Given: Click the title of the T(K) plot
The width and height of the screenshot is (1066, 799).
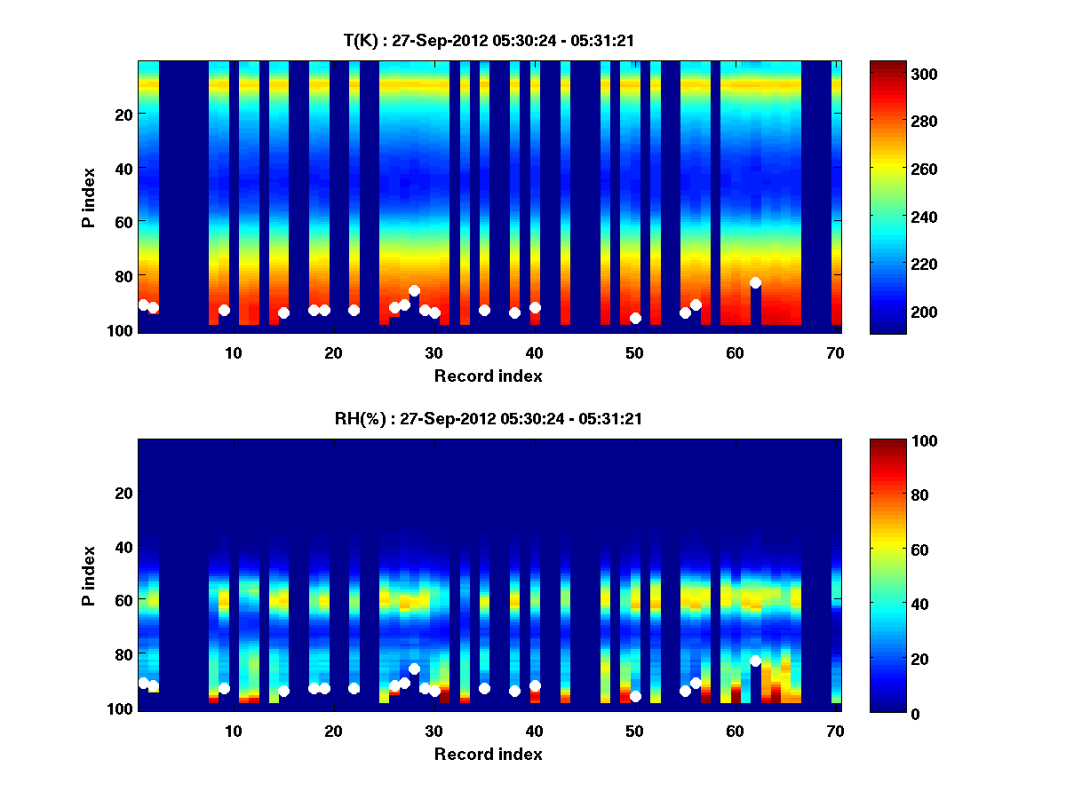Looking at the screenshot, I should tap(489, 40).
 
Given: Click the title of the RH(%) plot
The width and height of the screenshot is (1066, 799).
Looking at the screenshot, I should tap(489, 418).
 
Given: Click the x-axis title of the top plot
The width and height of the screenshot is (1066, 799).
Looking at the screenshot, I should tap(489, 376).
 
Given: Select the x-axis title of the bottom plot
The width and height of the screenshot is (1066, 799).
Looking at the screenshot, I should tap(489, 754).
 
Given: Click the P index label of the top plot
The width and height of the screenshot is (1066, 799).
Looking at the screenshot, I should tap(89, 197).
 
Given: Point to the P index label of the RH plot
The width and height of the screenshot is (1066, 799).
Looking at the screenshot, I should tap(89, 575).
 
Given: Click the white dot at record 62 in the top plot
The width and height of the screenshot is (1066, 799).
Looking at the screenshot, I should tap(755, 282).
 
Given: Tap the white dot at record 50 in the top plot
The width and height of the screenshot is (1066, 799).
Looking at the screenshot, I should tap(635, 318).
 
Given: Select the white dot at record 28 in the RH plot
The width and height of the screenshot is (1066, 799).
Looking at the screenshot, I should tap(414, 668).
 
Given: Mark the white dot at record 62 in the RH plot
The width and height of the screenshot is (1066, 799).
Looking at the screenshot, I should tap(755, 661).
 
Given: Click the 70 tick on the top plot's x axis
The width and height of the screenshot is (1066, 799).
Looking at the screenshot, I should tap(835, 352).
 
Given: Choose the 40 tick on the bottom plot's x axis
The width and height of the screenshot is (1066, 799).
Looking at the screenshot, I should tap(534, 730).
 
